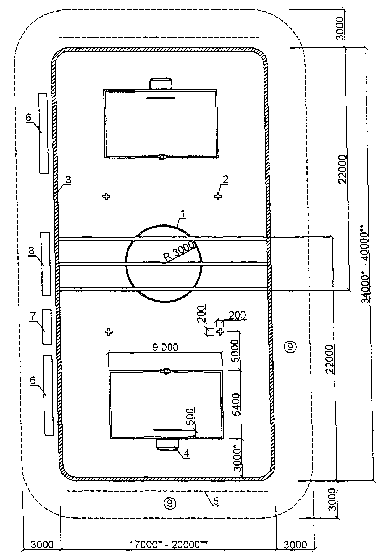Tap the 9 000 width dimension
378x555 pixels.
click(x=165, y=347)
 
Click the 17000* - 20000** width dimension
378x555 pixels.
click(x=168, y=545)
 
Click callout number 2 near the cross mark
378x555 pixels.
click(x=225, y=179)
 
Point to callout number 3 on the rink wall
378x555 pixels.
click(x=68, y=179)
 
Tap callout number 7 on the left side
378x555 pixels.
click(x=33, y=317)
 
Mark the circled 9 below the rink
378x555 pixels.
click(x=169, y=503)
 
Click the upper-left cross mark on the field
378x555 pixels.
click(x=106, y=196)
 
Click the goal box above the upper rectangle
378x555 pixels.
click(x=161, y=83)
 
